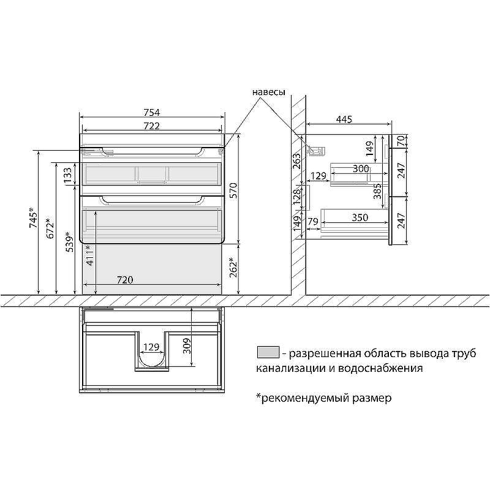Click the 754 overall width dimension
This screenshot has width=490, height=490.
click(151, 112)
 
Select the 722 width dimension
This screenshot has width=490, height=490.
click(151, 126)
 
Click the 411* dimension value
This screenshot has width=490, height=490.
click(90, 255)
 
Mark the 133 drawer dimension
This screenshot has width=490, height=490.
click(69, 175)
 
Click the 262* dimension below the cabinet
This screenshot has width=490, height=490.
click(233, 267)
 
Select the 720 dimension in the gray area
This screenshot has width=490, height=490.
click(125, 280)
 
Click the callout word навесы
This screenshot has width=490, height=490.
click(268, 92)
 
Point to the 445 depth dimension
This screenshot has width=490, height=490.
click(344, 120)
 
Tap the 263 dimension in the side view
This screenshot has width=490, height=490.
click(297, 160)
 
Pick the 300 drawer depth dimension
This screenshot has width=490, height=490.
click(361, 168)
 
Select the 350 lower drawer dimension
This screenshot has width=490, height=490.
click(360, 217)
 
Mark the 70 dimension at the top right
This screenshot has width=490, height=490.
click(401, 140)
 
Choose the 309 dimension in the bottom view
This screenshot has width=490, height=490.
click(187, 349)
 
